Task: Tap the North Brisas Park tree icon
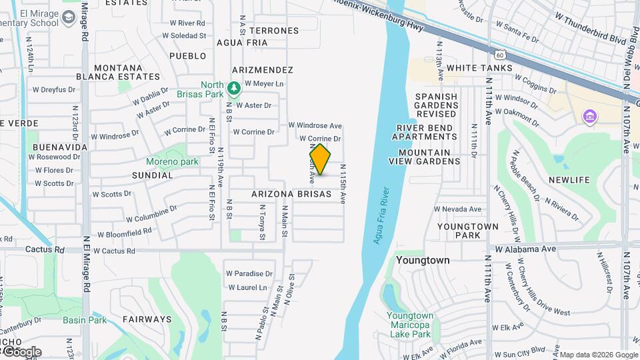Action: pos(233,88)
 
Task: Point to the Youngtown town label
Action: pos(423,260)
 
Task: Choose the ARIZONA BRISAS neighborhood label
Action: pos(291,194)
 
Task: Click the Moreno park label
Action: pos(172,161)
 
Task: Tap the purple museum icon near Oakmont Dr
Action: pos(589,117)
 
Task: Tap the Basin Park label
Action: pos(85,320)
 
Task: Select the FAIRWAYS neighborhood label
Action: pos(147,319)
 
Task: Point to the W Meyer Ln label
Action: pos(264,84)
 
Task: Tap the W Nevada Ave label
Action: pos(457,209)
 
